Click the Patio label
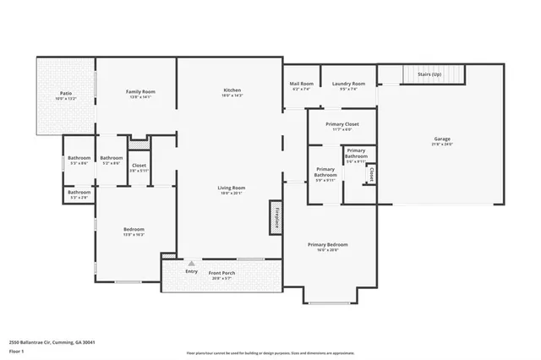click(65, 93)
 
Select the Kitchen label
click(232, 90)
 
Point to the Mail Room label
click(301, 84)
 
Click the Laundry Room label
click(347, 84)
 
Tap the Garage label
click(442, 139)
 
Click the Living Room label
click(231, 188)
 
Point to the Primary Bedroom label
click(332, 244)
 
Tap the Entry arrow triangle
click(191, 263)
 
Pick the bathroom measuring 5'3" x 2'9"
click(79, 194)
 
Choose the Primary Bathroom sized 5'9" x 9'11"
click(325, 175)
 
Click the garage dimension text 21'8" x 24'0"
click(442, 145)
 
